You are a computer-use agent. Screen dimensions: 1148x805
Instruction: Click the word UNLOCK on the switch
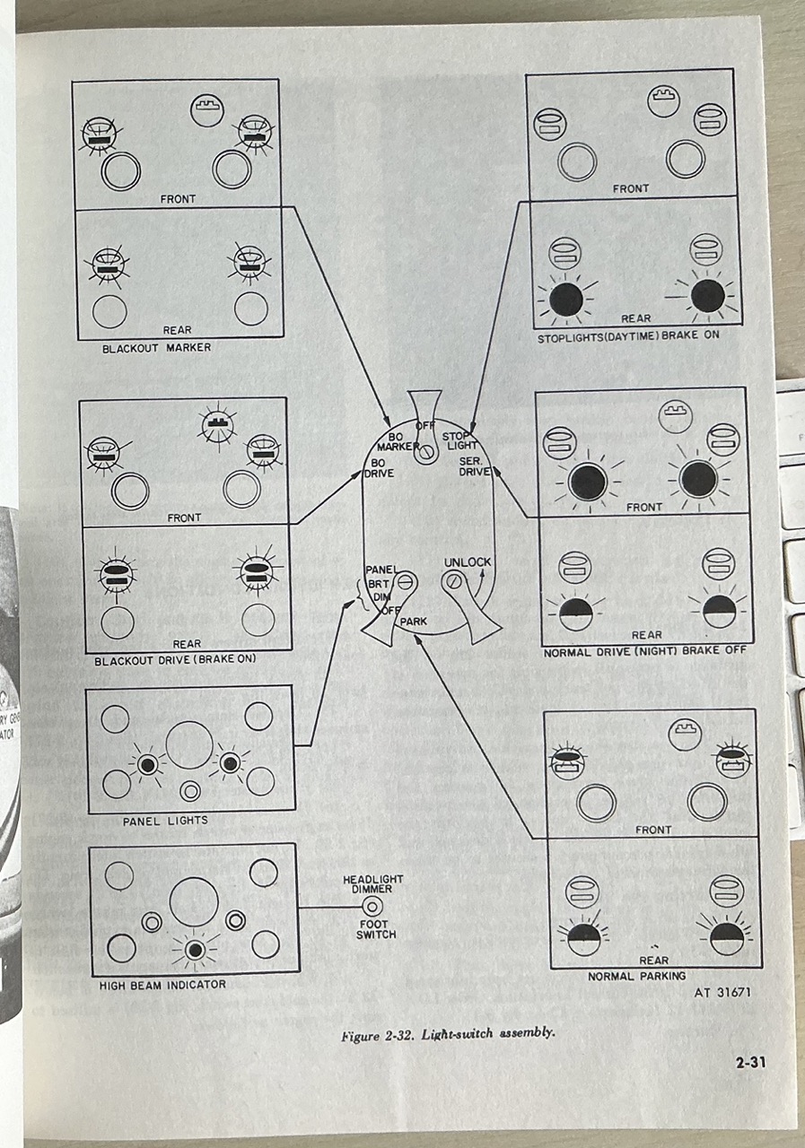pyautogui.click(x=468, y=562)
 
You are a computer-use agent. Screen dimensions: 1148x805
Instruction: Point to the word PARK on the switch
pyautogui.click(x=413, y=621)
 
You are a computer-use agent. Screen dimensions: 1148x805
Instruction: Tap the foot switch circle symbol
pyautogui.click(x=372, y=907)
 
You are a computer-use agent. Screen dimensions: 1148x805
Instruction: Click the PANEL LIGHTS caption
pyautogui.click(x=165, y=821)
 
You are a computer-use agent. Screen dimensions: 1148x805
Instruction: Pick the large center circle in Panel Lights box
pyautogui.click(x=189, y=744)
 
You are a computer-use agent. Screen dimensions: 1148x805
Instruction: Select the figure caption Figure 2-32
pyautogui.click(x=447, y=1032)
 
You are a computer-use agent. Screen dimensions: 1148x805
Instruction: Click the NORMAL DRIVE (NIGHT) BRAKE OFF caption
pyautogui.click(x=644, y=653)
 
